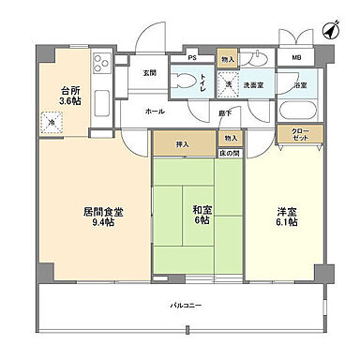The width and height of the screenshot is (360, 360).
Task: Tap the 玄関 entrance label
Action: pyautogui.click(x=149, y=72)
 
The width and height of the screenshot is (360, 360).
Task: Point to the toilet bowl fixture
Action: pyautogui.click(x=182, y=81)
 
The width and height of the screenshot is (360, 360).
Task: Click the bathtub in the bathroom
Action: pyautogui.click(x=299, y=111)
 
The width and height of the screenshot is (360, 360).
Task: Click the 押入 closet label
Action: pyautogui.click(x=182, y=144)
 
